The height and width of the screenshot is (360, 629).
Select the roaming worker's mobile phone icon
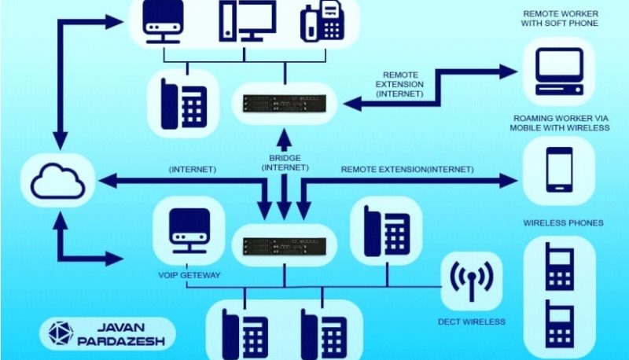pyautogui.click(x=559, y=169)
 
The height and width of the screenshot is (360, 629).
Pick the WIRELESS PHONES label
pyautogui.click(x=564, y=223)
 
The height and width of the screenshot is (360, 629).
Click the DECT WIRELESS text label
pyautogui.click(x=472, y=321)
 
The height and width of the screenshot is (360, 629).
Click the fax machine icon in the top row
pyautogui.click(x=323, y=22)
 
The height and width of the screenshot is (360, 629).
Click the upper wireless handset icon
pyautogui.click(x=559, y=266)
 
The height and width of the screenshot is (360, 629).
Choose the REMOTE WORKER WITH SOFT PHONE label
pyautogui.click(x=561, y=19)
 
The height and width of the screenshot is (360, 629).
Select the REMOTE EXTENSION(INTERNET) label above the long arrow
pyautogui.click(x=407, y=169)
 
